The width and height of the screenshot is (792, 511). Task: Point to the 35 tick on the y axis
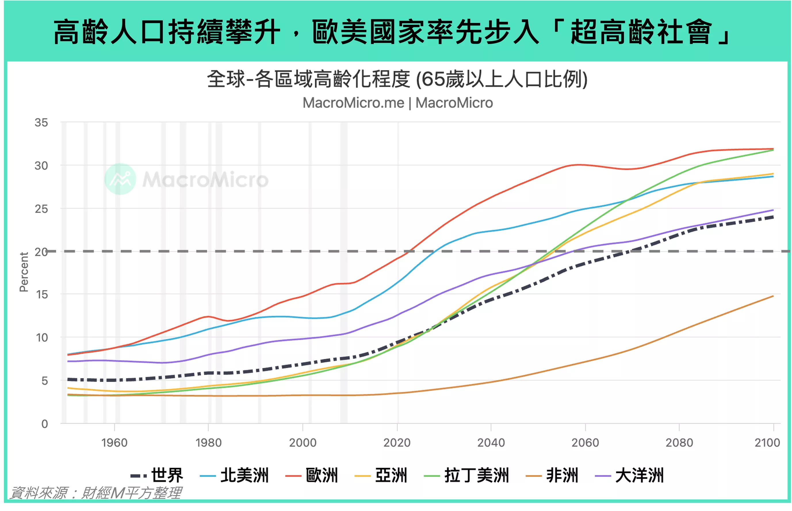(41, 123)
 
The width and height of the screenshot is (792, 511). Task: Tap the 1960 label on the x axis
(114, 443)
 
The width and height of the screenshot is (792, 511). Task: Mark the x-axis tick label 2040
(491, 443)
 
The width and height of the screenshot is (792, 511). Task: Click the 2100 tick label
(767, 443)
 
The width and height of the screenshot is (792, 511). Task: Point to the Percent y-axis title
(24, 272)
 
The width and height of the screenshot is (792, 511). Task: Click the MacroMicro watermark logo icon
(120, 179)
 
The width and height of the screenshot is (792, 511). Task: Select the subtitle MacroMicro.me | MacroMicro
(398, 103)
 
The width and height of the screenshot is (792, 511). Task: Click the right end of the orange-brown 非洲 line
(773, 296)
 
